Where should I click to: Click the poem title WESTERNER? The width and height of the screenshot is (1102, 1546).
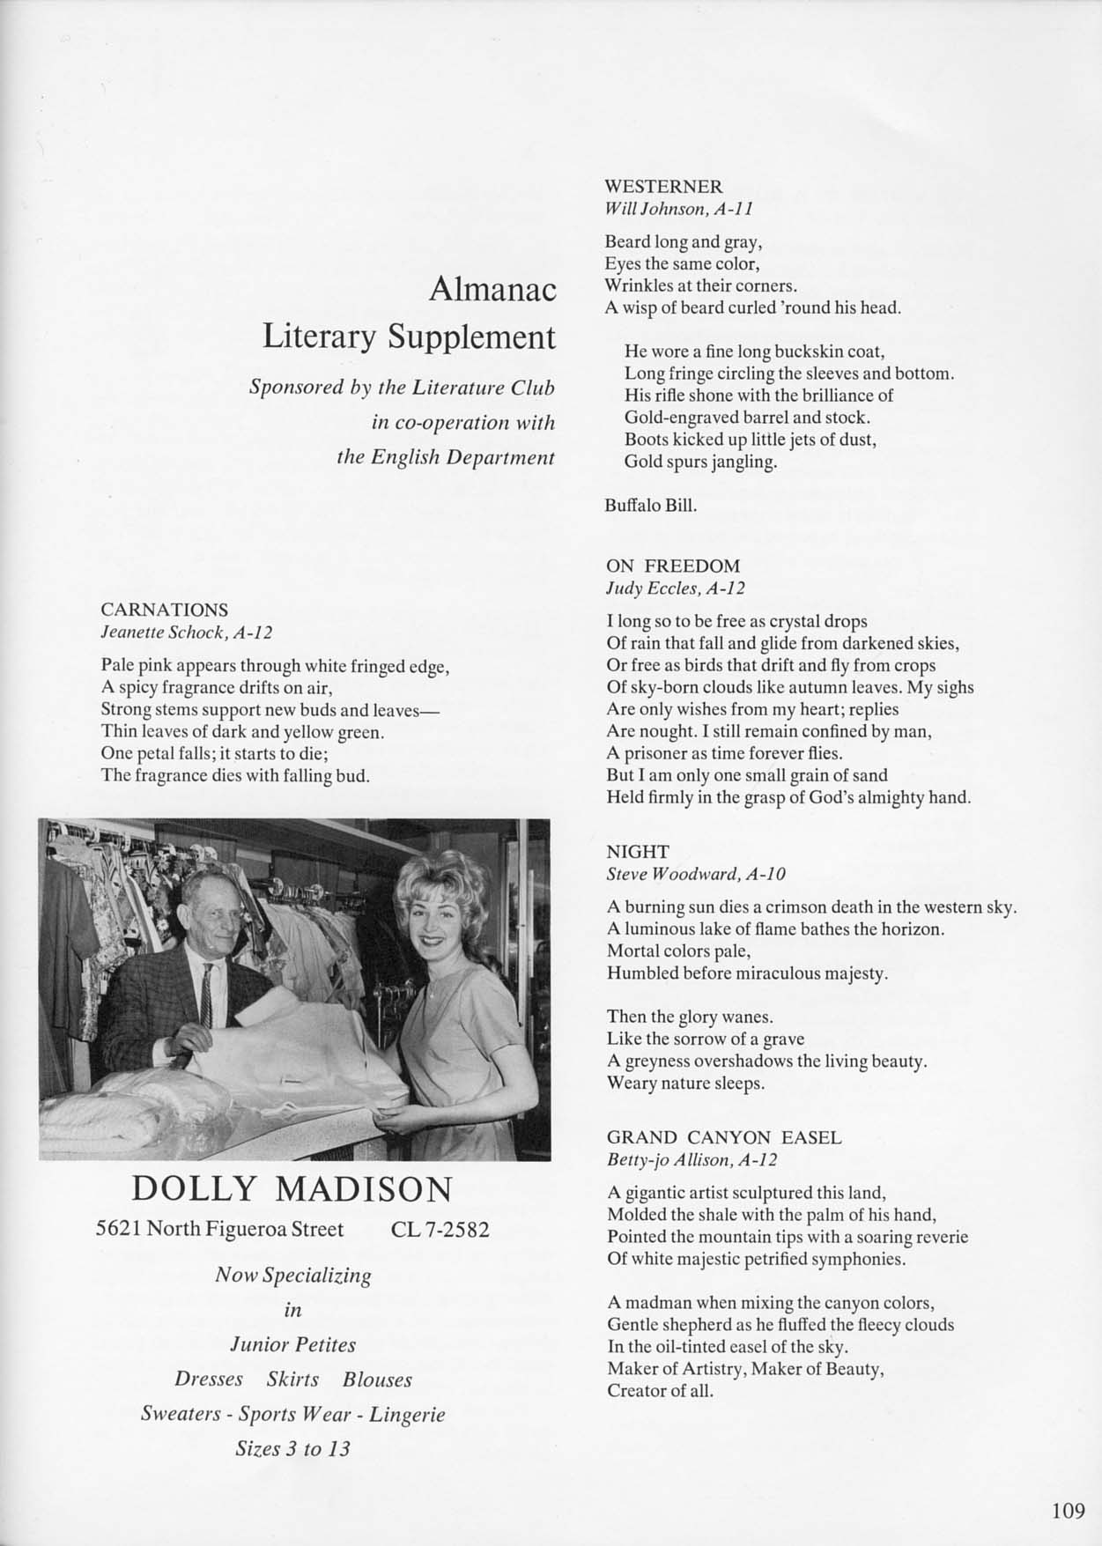coord(663,187)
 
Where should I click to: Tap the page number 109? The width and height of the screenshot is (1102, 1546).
coord(1068,1510)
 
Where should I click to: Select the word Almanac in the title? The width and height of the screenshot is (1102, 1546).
coord(492,290)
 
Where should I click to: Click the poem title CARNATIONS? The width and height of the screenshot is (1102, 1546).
coord(164,610)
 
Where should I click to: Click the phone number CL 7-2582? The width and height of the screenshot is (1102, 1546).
coord(439,1230)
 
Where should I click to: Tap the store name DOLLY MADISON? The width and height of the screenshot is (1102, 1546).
coord(292,1189)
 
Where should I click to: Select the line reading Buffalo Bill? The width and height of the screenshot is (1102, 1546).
coord(651,506)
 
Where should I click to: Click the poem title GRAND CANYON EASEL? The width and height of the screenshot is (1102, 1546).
coord(724,1137)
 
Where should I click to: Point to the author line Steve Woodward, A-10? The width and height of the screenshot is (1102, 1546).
coord(696,874)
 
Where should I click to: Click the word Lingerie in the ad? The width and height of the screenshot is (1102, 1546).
coord(407,1415)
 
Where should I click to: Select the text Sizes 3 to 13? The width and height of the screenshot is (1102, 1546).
coord(292,1449)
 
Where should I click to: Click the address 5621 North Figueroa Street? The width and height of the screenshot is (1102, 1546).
coord(219,1230)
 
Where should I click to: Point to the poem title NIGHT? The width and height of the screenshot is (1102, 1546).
coord(637,851)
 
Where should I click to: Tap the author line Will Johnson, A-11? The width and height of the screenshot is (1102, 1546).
coord(678,209)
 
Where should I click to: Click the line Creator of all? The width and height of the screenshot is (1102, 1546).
coord(660,1391)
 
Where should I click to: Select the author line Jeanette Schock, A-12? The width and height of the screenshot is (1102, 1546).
coord(187,632)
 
